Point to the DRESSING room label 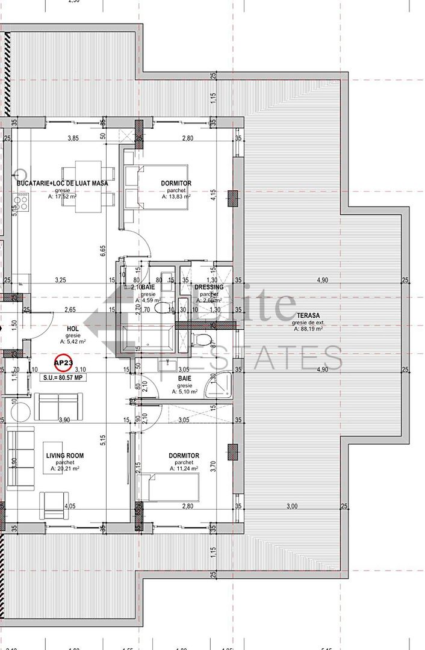[209, 287]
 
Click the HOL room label [72, 328]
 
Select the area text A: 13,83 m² [176, 196]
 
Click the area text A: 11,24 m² [184, 469]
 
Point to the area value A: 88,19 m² [308, 329]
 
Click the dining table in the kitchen [90, 187]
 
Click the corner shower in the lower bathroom [218, 386]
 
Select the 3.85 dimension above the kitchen [73, 138]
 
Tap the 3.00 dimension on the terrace [292, 506]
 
